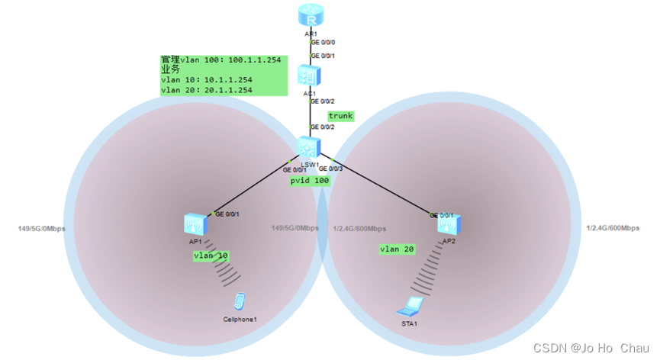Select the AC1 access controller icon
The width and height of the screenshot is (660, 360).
click(310, 76)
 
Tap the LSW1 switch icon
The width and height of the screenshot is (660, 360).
click(309, 147)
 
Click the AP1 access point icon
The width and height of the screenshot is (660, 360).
click(194, 223)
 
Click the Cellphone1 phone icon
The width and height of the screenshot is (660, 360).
click(240, 302)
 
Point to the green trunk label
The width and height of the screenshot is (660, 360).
click(340, 116)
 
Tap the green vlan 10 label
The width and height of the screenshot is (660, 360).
click(211, 256)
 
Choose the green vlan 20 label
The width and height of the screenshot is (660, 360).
click(398, 249)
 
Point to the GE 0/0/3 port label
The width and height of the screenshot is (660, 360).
click(331, 169)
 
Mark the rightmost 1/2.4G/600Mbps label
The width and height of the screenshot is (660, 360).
click(613, 228)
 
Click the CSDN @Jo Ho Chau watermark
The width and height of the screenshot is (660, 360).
click(591, 348)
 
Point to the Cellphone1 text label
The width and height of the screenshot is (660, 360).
click(240, 318)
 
